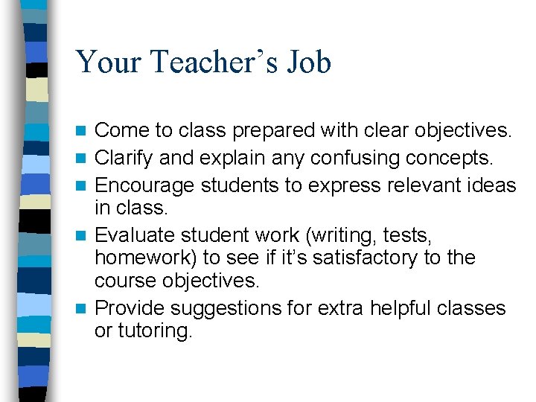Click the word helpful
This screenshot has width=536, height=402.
387,307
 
